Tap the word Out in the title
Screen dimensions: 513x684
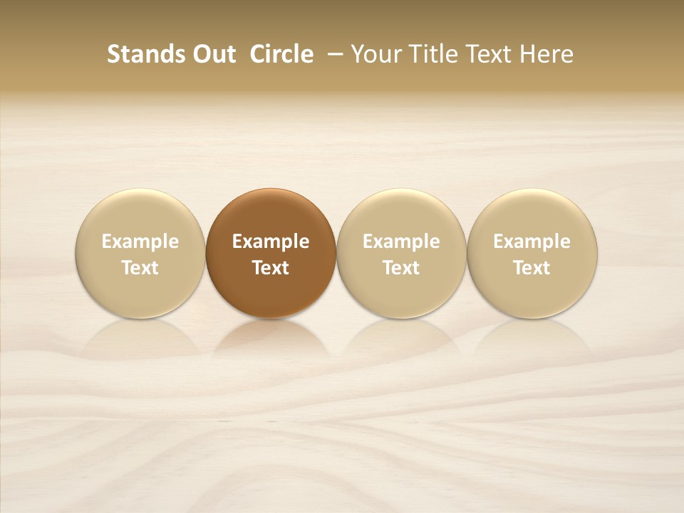tap(213, 54)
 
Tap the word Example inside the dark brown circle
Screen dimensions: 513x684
tap(271, 242)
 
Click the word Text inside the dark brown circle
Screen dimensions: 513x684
tap(271, 268)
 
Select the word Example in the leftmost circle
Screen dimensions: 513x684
tap(140, 242)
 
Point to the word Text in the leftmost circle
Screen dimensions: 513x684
tap(140, 268)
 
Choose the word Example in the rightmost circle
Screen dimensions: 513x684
tap(532, 242)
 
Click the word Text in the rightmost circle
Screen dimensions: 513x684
tap(532, 268)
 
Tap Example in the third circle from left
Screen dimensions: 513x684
tap(401, 242)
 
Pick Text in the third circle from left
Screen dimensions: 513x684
tap(401, 268)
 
